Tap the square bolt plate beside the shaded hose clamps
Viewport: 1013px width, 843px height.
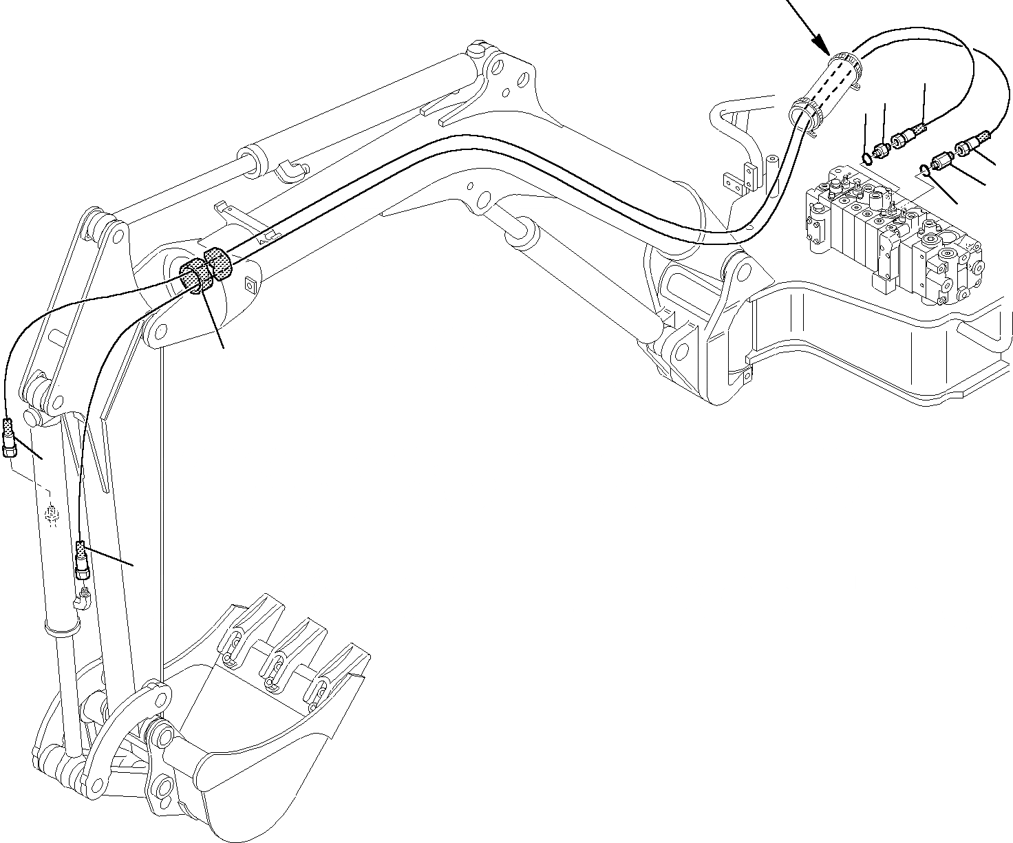[249, 284]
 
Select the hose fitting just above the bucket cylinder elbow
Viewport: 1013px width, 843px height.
[82, 560]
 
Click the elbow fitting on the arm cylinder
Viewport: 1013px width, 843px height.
[289, 169]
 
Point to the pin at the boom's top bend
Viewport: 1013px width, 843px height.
[476, 52]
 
